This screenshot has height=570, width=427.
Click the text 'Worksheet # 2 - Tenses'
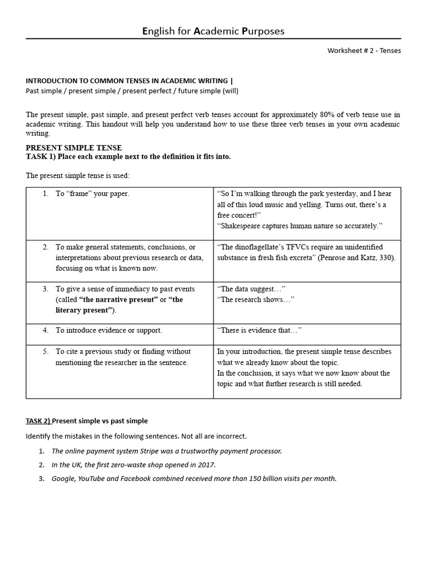pos(364,51)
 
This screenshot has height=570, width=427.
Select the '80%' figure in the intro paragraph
pos(322,115)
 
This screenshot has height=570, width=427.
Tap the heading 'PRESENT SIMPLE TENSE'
pos(73,148)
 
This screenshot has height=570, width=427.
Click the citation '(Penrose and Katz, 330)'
pos(356,258)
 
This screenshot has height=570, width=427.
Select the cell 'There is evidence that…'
pos(259,330)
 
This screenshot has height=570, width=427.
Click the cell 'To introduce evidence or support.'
pos(108,330)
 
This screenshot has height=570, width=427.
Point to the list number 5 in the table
pos(46,351)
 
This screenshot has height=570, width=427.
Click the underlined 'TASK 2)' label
pos(38,421)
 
